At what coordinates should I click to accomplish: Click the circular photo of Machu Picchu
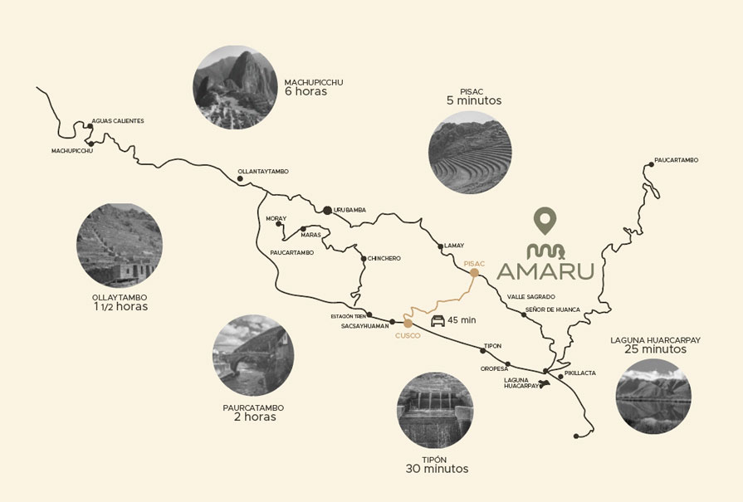coord(235,85)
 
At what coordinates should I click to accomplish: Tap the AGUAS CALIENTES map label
coord(118,121)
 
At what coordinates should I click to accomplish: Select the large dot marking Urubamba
coord(328,210)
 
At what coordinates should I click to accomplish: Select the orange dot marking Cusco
coord(408,323)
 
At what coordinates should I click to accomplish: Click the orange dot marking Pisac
coord(474,272)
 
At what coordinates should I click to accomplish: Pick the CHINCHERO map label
coord(384,258)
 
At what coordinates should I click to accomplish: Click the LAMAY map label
coord(454,246)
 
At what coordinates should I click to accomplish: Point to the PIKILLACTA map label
coord(579,373)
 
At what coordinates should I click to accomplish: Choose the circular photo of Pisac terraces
coord(469,153)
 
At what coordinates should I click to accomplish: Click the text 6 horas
coord(306,92)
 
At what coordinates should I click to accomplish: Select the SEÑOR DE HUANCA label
coord(552,310)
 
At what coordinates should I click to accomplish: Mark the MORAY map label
coord(276,219)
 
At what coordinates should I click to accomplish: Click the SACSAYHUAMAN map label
coord(364,326)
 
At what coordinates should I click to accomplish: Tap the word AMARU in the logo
coord(545,271)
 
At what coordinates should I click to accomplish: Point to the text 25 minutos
coord(656,349)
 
